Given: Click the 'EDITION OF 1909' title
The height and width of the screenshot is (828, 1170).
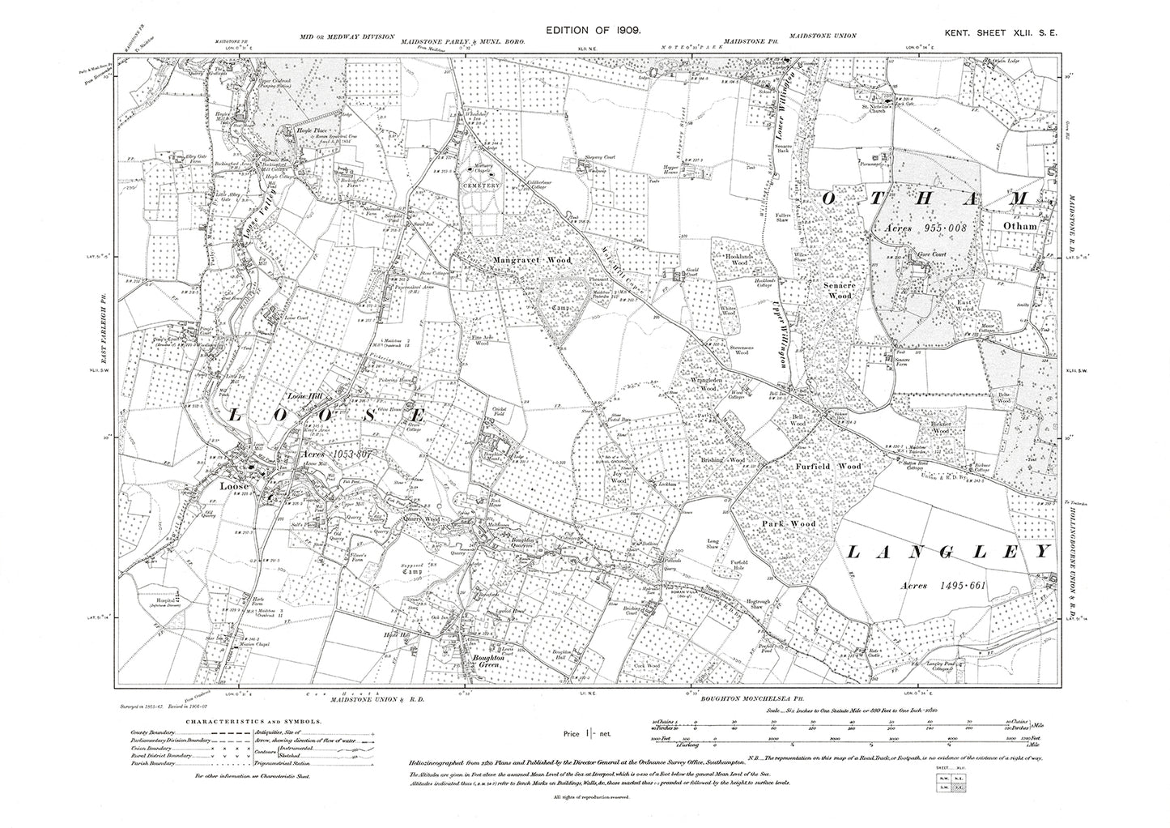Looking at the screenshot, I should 594,29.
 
